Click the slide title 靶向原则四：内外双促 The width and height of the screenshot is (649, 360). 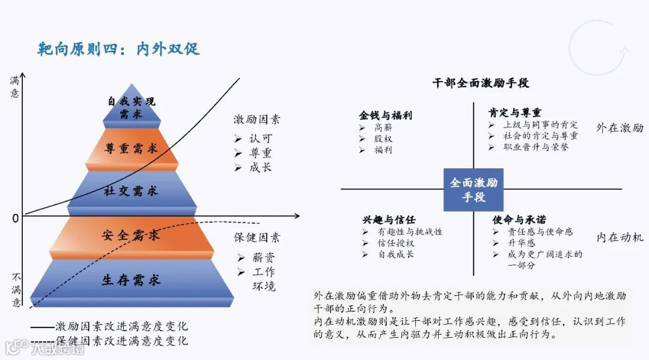tap(118, 49)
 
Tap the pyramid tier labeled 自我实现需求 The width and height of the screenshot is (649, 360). tap(131, 108)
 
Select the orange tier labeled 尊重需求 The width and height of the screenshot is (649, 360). tap(131, 148)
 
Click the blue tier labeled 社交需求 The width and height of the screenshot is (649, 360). tap(131, 191)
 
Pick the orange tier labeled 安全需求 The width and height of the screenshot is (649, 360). tap(131, 235)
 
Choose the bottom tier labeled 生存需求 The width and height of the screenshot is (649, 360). tap(131, 279)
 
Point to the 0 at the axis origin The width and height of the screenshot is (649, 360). tap(16, 218)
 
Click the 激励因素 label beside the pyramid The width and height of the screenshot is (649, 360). tap(257, 119)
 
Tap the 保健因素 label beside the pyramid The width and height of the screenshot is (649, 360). tap(257, 237)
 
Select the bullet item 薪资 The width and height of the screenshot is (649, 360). tap(263, 258)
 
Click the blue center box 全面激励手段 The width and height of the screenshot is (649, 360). tap(474, 189)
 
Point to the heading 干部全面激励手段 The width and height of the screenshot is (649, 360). tap(481, 83)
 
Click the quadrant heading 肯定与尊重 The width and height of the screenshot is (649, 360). tap(514, 112)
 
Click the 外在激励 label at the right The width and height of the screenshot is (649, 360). tap(620, 128)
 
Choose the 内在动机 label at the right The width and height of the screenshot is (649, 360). tap(620, 237)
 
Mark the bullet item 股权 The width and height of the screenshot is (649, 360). tap(383, 139)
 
